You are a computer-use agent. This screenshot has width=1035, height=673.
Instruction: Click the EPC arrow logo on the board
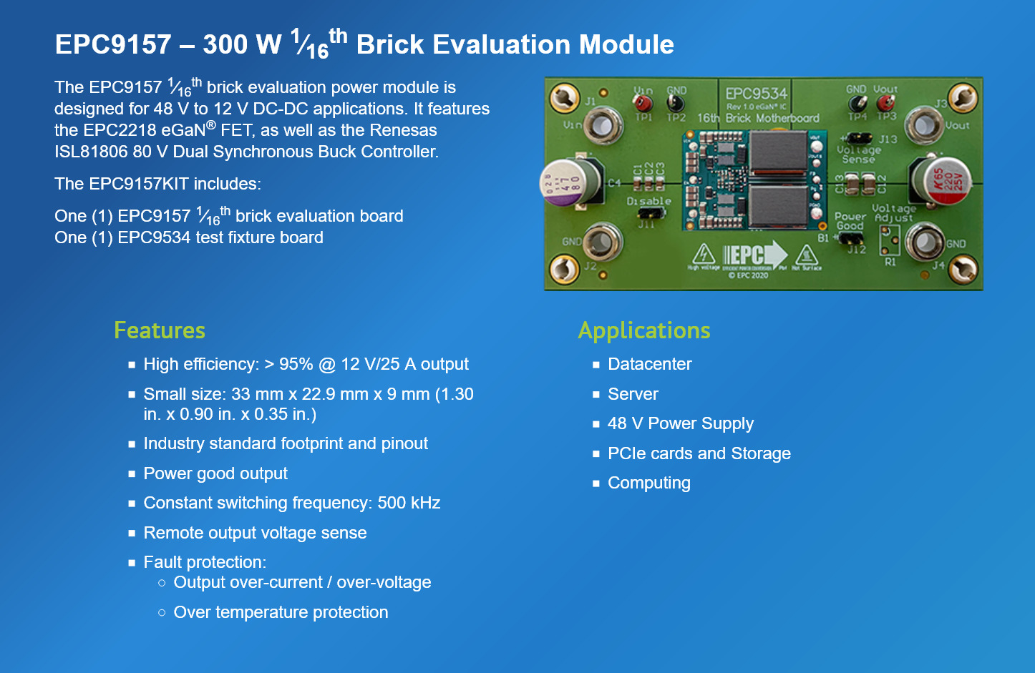[754, 255]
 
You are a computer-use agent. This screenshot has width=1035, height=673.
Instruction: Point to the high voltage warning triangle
[704, 254]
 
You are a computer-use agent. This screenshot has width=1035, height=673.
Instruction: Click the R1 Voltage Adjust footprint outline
[890, 241]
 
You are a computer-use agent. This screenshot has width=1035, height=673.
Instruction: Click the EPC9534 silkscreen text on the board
[756, 94]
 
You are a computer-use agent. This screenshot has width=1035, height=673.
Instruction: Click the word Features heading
[160, 330]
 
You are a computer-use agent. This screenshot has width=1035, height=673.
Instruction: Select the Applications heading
[644, 330]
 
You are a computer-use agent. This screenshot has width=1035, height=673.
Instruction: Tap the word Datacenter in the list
[649, 364]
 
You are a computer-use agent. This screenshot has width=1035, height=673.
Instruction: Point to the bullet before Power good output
[132, 473]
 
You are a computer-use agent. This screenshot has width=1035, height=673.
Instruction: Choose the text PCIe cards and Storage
[699, 453]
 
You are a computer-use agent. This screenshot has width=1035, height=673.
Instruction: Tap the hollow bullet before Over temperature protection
[162, 612]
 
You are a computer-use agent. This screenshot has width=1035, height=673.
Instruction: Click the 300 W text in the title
[242, 44]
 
